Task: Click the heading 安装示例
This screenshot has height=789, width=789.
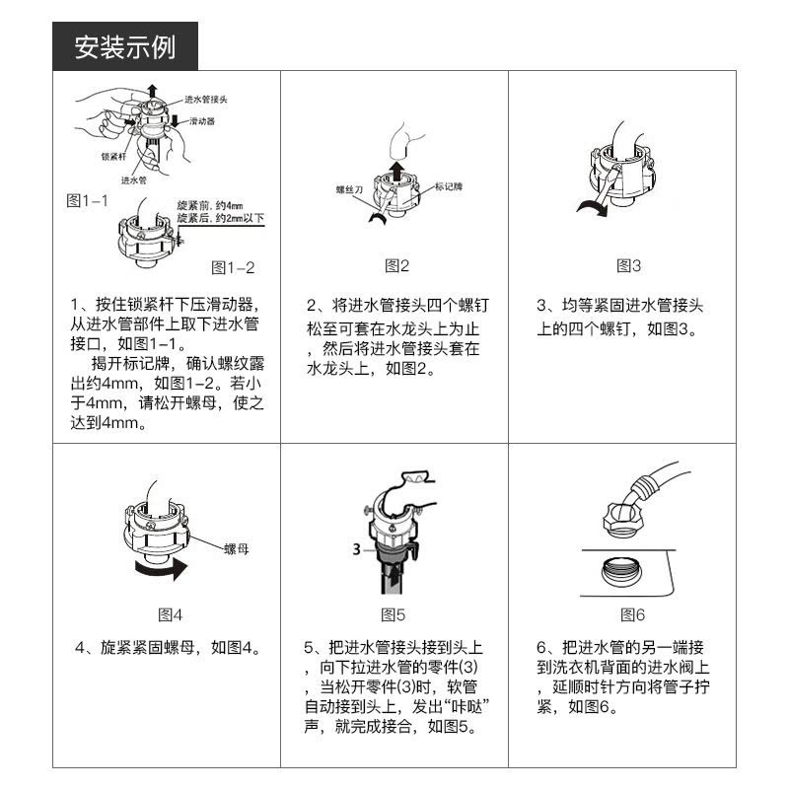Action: pyautogui.click(x=125, y=47)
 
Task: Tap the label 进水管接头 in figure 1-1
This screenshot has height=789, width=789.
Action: pyautogui.click(x=206, y=100)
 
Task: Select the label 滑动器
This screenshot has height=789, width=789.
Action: pyautogui.click(x=202, y=121)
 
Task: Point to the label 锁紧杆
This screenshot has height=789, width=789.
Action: pyautogui.click(x=113, y=157)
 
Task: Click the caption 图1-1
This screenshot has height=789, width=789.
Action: pyautogui.click(x=87, y=200)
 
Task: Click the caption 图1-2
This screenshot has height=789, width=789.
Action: pyautogui.click(x=233, y=267)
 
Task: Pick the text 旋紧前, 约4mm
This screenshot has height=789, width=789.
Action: pyautogui.click(x=210, y=205)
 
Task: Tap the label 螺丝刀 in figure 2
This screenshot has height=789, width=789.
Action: pyautogui.click(x=349, y=189)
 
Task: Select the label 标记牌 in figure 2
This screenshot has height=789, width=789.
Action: pyautogui.click(x=449, y=186)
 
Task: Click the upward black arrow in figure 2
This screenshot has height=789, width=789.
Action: pyautogui.click(x=397, y=172)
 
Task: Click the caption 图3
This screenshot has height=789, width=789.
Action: pyautogui.click(x=628, y=265)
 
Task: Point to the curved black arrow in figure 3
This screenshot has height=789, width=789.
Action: pyautogui.click(x=593, y=206)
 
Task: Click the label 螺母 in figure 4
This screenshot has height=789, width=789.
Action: pyautogui.click(x=237, y=549)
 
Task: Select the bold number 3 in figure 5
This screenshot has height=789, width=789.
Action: pyautogui.click(x=357, y=549)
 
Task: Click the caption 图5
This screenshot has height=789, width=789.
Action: pyautogui.click(x=393, y=614)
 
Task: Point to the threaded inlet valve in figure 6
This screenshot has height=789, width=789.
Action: pyautogui.click(x=621, y=571)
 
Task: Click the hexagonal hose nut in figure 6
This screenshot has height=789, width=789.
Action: pyautogui.click(x=624, y=520)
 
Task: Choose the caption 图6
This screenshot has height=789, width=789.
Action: pyautogui.click(x=632, y=614)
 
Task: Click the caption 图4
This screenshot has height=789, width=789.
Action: pyautogui.click(x=170, y=614)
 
